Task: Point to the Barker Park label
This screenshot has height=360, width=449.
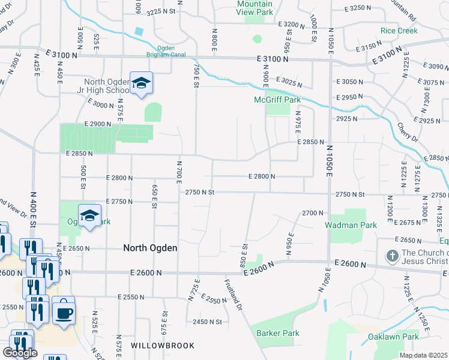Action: click(x=277, y=333)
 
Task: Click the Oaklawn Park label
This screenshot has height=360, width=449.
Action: click(x=393, y=337)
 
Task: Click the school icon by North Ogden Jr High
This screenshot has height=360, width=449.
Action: click(x=141, y=83)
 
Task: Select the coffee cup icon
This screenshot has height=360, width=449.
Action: click(x=64, y=311)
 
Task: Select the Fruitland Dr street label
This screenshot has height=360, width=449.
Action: click(x=234, y=294)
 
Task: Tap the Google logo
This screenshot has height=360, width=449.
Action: click(x=20, y=352)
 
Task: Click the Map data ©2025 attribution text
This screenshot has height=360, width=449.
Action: click(x=423, y=355)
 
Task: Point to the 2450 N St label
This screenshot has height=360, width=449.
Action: click(x=207, y=322)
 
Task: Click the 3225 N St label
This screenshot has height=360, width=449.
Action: click(x=161, y=11)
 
